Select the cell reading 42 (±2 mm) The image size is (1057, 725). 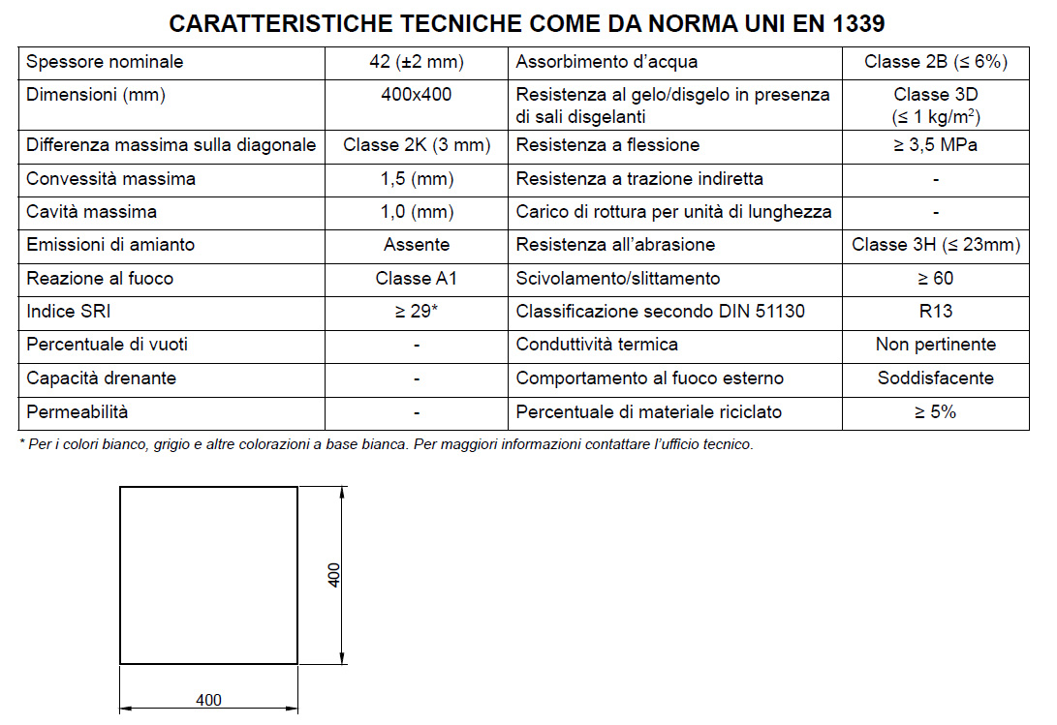click(x=417, y=63)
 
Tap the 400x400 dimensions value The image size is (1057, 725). click(x=417, y=95)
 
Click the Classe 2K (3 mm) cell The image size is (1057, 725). click(x=417, y=145)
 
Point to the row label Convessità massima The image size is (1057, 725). click(x=111, y=179)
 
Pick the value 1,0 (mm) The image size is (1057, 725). click(x=417, y=212)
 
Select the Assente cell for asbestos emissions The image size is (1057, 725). click(x=417, y=245)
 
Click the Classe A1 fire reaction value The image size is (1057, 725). click(x=417, y=279)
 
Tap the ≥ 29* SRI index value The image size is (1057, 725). click(x=417, y=312)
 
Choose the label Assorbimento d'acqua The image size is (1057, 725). click(x=606, y=63)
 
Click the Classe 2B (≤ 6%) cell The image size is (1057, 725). click(x=936, y=63)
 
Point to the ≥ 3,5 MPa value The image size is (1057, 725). click(x=936, y=145)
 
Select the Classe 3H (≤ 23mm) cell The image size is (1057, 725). click(x=936, y=245)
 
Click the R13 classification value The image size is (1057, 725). click(x=936, y=312)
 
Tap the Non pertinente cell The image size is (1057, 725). click(x=936, y=345)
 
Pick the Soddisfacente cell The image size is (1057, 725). click(x=936, y=378)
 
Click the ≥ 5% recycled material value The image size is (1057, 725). click(x=936, y=412)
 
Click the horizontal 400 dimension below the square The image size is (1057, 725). click(x=208, y=700)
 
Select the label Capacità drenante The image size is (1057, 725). click(x=102, y=378)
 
